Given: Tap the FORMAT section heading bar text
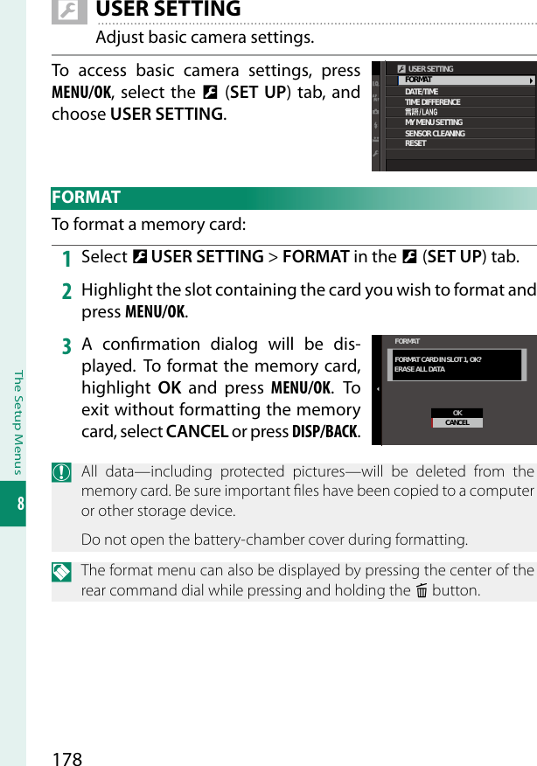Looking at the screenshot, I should click(86, 198).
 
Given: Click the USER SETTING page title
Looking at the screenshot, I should click(168, 10).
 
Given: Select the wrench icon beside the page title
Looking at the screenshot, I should click(69, 10).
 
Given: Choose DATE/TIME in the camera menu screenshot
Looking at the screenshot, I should click(422, 92).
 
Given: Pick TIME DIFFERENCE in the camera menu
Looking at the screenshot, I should click(432, 102).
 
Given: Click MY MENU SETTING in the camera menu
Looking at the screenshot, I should click(434, 122).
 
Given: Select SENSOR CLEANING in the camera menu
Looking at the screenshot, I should click(435, 134).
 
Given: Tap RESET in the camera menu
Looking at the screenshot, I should click(415, 143).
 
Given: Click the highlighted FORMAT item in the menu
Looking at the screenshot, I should click(419, 80).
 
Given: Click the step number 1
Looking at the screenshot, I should click(66, 258).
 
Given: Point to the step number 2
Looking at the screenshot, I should click(66, 291).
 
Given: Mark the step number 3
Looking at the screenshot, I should click(66, 345).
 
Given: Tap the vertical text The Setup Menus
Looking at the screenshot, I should click(14, 411).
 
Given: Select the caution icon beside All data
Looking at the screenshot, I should click(61, 472).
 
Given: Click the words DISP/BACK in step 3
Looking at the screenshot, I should click(326, 433).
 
